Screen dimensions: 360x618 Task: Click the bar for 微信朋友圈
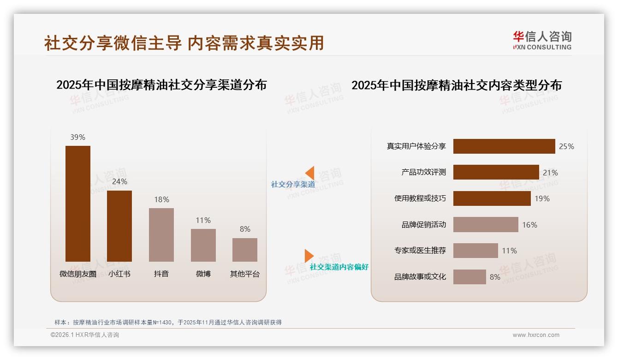click(78, 204)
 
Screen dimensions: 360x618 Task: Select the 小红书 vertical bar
click(119, 226)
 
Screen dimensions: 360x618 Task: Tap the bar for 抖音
click(161, 234)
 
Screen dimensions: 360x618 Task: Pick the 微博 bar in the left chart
click(203, 245)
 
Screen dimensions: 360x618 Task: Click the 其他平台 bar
click(245, 250)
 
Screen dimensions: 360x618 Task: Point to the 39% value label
click(78, 137)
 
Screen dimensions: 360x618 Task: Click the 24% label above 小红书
click(119, 181)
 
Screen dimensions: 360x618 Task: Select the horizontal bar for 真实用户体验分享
click(504, 146)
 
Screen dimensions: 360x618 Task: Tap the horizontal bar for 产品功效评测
click(496, 172)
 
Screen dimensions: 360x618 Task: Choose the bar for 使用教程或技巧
click(492, 198)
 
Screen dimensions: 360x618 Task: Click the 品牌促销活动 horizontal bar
click(486, 225)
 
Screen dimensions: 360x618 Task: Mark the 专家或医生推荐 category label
click(420, 251)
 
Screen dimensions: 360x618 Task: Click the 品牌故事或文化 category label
click(420, 277)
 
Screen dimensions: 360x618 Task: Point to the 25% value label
click(566, 146)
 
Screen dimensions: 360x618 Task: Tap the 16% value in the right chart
click(529, 225)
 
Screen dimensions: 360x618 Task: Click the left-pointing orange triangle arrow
click(310, 173)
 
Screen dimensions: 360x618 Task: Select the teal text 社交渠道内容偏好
click(339, 267)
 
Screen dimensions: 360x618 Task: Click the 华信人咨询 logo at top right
click(542, 40)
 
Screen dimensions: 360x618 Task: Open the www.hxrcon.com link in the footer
click(536, 335)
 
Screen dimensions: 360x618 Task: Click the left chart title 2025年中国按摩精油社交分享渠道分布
click(161, 85)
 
